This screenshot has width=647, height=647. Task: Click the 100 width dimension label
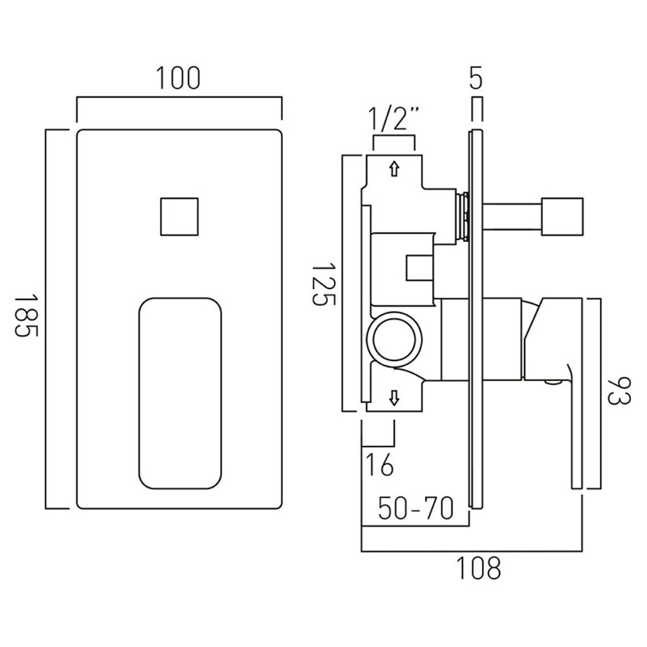pyautogui.click(x=179, y=78)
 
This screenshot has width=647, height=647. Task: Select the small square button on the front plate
pyautogui.click(x=179, y=217)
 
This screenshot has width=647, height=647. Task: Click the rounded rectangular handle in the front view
pyautogui.click(x=181, y=393)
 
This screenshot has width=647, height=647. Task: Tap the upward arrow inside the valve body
pyautogui.click(x=395, y=168)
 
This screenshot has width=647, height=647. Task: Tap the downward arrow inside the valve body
pyautogui.click(x=395, y=398)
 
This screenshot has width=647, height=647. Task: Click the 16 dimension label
pyautogui.click(x=380, y=465)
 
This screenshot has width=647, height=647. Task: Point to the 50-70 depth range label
pyautogui.click(x=416, y=509)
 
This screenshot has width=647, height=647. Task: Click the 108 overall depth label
pyautogui.click(x=478, y=568)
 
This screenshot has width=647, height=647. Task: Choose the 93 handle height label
pyautogui.click(x=619, y=391)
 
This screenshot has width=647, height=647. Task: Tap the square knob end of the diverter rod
pyautogui.click(x=562, y=217)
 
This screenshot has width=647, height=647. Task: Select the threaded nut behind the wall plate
pyautogui.click(x=463, y=217)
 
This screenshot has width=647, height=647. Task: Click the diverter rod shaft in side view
pyautogui.click(x=512, y=217)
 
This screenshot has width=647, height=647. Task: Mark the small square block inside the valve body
pyautogui.click(x=419, y=269)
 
